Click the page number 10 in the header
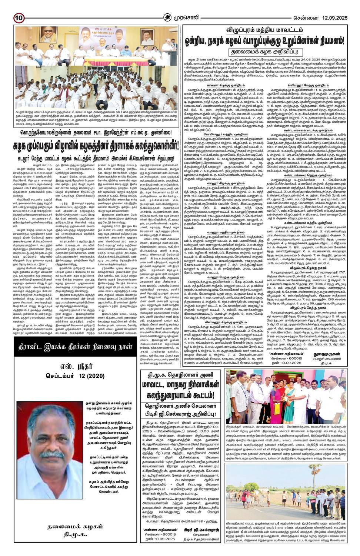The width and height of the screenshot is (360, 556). pyautogui.click(x=19, y=17)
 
